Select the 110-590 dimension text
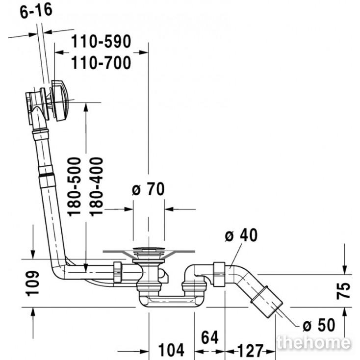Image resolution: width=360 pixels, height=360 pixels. tap(101, 42)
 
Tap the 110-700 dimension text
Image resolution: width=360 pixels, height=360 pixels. tap(101, 63)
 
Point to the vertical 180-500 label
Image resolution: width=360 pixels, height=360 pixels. tap(74, 186)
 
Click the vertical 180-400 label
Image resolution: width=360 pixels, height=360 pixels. tap(97, 186)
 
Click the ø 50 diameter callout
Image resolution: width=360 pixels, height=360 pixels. tap(318, 325)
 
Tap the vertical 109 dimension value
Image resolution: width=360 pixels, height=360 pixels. tap(32, 283)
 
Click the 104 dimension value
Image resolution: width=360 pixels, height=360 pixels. tap(171, 350)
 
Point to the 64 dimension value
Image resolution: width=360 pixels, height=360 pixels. tap(209, 337)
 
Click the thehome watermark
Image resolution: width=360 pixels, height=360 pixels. tap(313, 343)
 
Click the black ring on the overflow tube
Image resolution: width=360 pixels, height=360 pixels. tap(46, 174)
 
